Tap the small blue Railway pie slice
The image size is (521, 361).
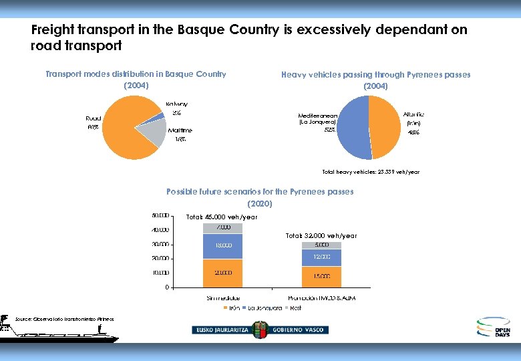click(x=160, y=116)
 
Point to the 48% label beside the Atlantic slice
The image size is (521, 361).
click(x=413, y=132)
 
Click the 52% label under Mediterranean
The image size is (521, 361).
click(x=330, y=130)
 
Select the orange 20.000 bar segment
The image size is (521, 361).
click(x=222, y=273)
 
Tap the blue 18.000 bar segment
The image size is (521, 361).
click(x=222, y=245)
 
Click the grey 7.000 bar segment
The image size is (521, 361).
click(x=222, y=228)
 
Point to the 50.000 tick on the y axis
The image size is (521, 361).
click(x=160, y=216)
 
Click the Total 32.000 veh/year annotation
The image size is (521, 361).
click(x=321, y=235)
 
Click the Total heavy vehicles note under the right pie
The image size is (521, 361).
click(x=371, y=172)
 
